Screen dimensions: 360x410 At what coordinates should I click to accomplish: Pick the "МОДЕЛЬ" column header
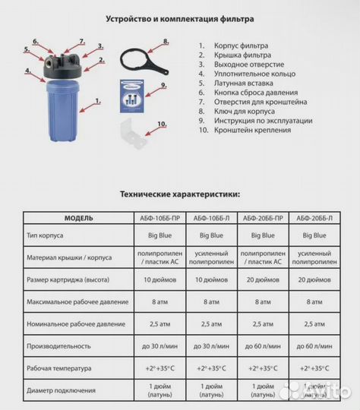(79, 218)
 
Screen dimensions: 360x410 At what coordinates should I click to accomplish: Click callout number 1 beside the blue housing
(97, 100)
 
